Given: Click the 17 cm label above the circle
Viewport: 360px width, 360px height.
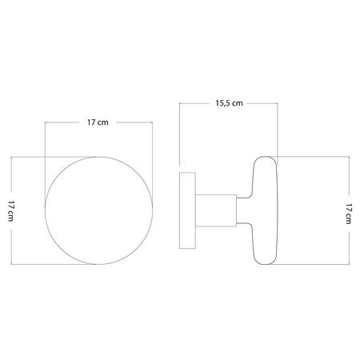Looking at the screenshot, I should (x=98, y=122).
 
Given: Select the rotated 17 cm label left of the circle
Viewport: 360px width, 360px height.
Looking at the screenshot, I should (x=10, y=210).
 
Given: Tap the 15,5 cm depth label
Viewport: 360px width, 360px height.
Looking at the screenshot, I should (x=229, y=103).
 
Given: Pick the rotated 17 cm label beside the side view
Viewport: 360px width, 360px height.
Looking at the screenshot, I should (x=348, y=210).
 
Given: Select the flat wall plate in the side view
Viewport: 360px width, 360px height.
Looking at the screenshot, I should (x=187, y=210).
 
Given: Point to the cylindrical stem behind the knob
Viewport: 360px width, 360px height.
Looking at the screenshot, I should (x=215, y=210).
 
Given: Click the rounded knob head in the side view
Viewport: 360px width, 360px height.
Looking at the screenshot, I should (x=266, y=210).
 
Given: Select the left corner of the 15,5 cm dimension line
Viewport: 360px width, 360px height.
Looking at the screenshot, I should (x=180, y=103).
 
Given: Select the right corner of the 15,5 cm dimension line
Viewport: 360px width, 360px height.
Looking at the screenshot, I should (x=278, y=103).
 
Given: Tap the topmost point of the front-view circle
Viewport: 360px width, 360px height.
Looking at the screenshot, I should (x=98, y=157).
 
